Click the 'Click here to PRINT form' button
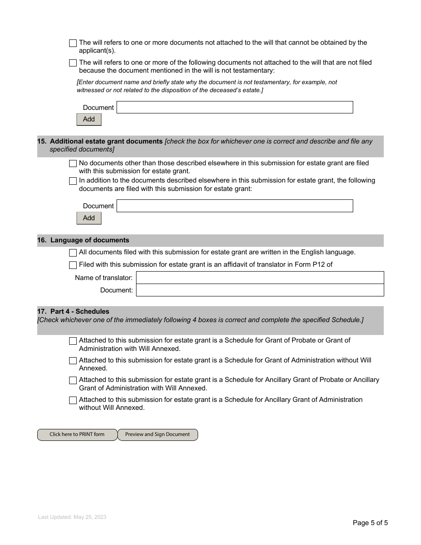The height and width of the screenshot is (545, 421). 77,435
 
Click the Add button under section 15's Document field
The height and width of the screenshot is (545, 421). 89,218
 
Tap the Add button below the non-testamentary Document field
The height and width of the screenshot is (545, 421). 89,119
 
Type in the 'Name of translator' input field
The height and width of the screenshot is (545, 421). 260,278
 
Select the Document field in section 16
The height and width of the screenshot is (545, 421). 260,290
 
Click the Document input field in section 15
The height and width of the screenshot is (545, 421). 234,206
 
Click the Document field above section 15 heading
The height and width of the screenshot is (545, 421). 234,107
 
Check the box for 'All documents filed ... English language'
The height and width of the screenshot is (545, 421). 73,253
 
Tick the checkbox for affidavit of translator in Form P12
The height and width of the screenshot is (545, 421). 73,265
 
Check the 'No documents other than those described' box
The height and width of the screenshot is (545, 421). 73,163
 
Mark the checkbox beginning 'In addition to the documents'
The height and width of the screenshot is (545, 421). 73,181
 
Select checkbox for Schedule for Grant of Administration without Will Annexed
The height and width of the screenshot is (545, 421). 73,361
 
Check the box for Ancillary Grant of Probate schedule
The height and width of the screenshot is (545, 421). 73,381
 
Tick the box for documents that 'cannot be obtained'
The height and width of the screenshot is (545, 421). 73,43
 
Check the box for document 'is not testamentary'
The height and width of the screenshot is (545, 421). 73,63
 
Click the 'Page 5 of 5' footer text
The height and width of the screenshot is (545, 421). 370,523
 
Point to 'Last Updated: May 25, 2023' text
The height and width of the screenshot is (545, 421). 72,517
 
